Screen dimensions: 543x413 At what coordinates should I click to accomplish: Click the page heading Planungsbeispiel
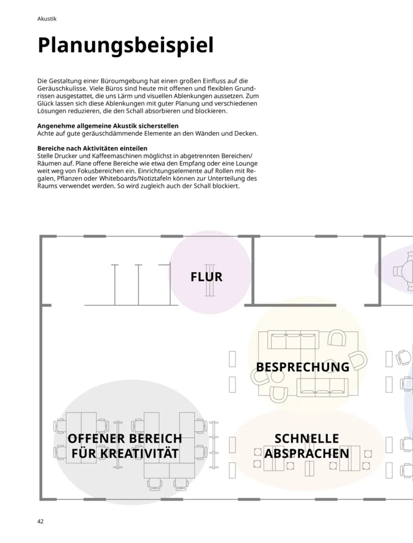coord(125,45)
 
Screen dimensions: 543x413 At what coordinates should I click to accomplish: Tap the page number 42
coord(41,521)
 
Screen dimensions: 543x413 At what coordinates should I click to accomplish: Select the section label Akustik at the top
coord(47,19)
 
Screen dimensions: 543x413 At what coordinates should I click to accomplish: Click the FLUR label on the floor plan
coord(206,277)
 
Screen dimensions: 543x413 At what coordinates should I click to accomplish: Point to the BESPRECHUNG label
coord(303,367)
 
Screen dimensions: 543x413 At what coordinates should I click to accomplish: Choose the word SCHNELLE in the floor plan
coord(307,439)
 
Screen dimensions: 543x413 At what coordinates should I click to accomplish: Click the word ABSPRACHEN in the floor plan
coord(307,454)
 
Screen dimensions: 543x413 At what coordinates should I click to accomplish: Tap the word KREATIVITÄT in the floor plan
coord(125,454)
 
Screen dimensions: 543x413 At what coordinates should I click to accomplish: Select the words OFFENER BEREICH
coord(125,439)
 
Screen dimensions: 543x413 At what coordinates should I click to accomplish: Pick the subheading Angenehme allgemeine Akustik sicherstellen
coord(108,126)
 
